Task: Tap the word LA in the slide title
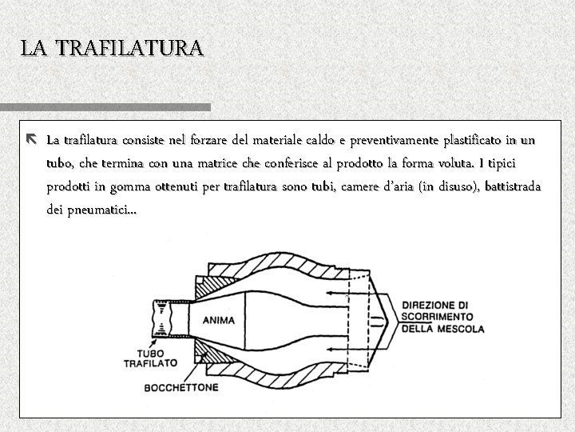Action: pos(34,48)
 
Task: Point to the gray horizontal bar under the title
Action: pos(105,106)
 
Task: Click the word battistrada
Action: pos(510,187)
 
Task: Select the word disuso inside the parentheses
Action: pos(454,187)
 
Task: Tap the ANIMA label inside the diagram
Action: pos(218,321)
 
